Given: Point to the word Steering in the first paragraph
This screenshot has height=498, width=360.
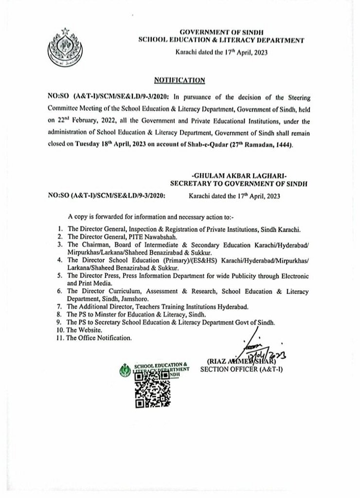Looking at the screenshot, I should [x=296, y=98].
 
